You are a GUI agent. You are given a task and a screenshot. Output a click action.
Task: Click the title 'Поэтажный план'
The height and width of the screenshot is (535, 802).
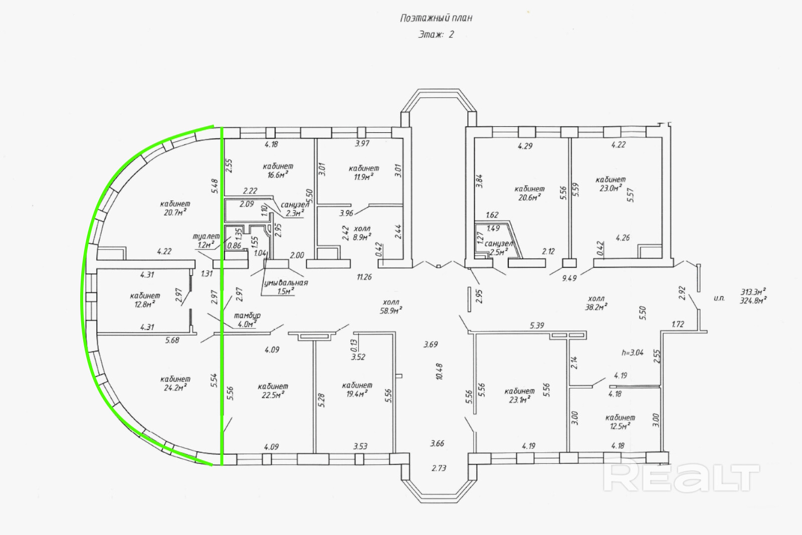coord(436,19)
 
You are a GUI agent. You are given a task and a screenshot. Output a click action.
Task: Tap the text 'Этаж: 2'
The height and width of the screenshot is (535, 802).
coord(436,35)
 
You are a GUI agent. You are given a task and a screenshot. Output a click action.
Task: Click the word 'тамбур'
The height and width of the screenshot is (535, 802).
coord(247,315)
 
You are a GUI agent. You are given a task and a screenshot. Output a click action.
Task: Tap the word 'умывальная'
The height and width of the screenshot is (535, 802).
coord(286,283)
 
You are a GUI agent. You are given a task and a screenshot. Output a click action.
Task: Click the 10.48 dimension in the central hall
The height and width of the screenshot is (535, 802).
coord(440,372)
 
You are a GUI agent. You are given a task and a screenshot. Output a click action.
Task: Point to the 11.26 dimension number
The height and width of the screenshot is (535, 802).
coord(364,277)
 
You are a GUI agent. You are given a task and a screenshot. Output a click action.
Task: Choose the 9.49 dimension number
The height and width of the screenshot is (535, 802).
coord(569,278)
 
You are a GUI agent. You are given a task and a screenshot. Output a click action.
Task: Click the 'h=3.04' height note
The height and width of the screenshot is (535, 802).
coord(632,352)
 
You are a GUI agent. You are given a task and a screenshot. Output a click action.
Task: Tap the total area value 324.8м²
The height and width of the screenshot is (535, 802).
coord(753,301)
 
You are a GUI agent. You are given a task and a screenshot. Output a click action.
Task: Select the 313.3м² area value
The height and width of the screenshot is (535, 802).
coord(753,291)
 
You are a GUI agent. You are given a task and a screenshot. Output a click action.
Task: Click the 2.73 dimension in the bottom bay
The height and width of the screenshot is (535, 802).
coord(439,468)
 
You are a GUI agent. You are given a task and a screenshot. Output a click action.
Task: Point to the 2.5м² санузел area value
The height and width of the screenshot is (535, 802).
coord(499,252)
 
